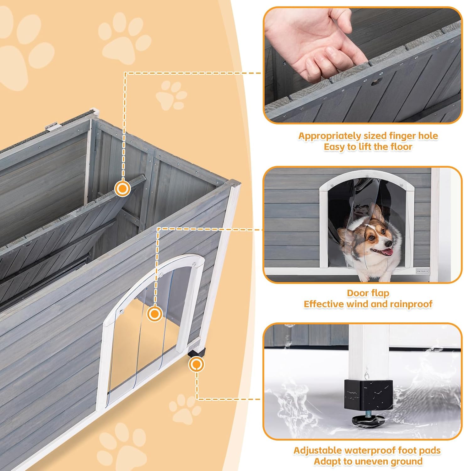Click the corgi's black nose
[389, 244]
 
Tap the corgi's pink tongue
[389, 252]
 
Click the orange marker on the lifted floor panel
[122, 188]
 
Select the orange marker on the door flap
[154, 314]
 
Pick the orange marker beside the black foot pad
[196, 365]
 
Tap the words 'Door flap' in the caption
[368, 293]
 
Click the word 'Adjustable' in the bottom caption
[317, 450]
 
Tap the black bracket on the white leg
[368, 394]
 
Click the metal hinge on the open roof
[52, 127]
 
